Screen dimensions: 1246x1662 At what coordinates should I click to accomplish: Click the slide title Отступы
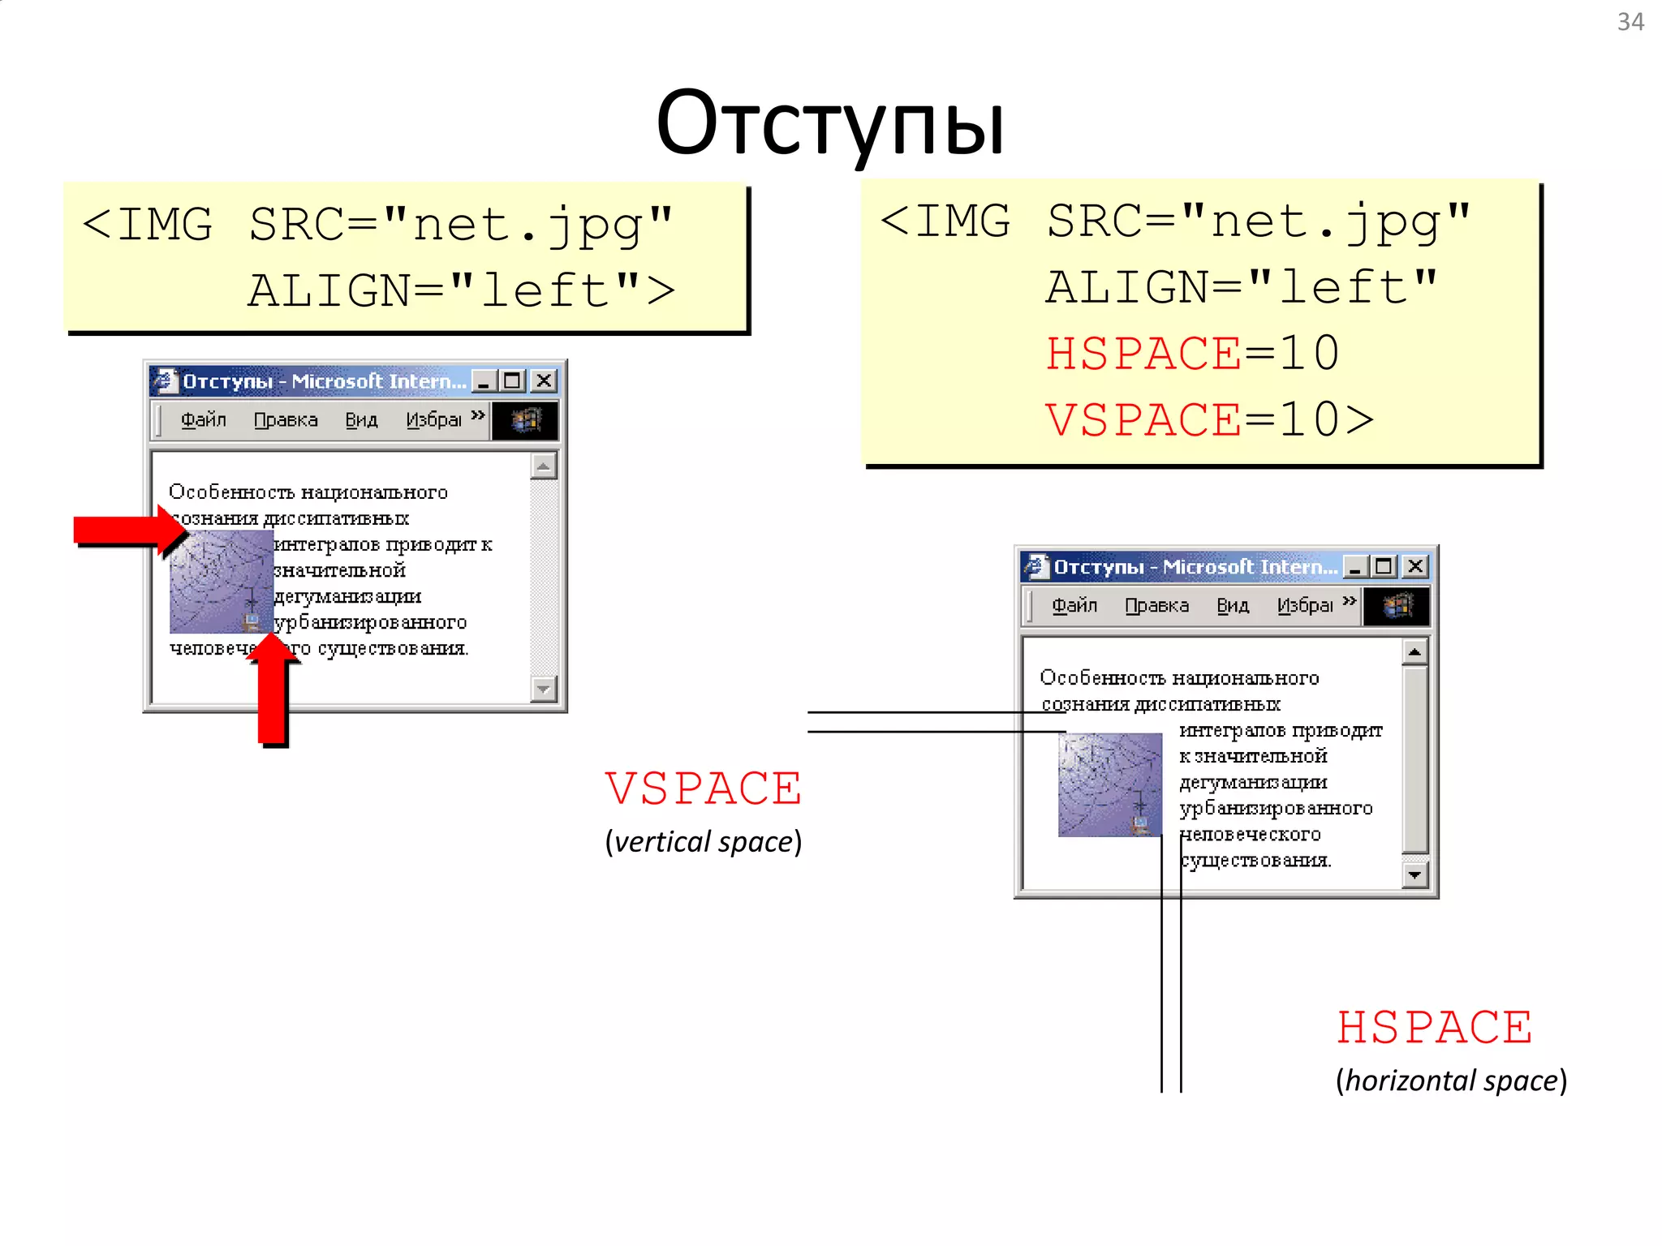[829, 123]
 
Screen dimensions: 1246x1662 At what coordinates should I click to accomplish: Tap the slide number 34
[1630, 22]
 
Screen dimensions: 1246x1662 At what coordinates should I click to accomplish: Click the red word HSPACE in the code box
[1143, 354]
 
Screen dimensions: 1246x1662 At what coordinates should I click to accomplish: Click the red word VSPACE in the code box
[1143, 420]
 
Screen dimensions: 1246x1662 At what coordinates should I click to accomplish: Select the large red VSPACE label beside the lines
[703, 788]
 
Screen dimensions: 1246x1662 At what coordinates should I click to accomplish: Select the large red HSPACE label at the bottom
[1434, 1028]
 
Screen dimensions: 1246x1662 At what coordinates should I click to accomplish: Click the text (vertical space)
[703, 842]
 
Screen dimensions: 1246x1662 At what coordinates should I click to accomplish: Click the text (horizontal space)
[1450, 1081]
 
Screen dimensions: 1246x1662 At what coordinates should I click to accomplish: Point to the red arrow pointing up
[273, 690]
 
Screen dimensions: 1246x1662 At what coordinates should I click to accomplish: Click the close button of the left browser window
[545, 380]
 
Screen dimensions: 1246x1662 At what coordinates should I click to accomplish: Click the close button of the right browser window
[1415, 566]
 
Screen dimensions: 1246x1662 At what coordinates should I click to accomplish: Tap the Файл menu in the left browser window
[203, 419]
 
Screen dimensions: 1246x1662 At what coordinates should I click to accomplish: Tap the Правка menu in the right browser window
[1156, 605]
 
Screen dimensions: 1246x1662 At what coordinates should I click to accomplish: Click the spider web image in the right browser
[1109, 784]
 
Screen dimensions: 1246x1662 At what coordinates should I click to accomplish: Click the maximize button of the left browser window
[512, 380]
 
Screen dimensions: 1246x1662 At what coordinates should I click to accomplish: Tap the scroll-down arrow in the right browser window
[1414, 875]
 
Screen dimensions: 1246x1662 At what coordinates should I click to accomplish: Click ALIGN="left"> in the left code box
[461, 290]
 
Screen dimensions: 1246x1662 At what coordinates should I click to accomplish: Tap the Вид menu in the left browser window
[361, 419]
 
